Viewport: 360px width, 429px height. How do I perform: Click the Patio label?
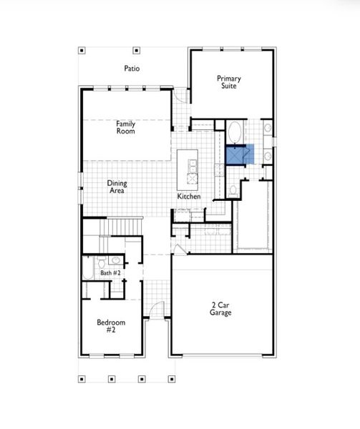(x=130, y=69)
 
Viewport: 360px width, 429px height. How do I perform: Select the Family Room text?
(x=126, y=127)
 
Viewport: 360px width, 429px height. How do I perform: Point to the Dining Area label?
(x=117, y=187)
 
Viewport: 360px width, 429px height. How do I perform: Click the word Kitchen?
(x=189, y=197)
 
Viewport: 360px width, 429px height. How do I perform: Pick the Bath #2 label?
(x=110, y=273)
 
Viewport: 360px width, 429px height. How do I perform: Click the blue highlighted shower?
(x=236, y=154)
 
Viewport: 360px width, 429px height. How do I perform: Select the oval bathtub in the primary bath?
(x=234, y=132)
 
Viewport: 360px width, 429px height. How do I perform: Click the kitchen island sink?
(x=192, y=168)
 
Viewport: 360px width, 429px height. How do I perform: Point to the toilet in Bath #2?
(x=102, y=262)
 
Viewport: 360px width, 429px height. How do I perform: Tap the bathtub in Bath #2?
(x=87, y=270)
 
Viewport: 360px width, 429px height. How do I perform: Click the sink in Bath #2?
(x=116, y=262)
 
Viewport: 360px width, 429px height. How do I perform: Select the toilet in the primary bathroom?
(x=233, y=190)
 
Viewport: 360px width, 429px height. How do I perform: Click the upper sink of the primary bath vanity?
(x=268, y=129)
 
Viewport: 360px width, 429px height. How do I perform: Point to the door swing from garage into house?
(x=178, y=250)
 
